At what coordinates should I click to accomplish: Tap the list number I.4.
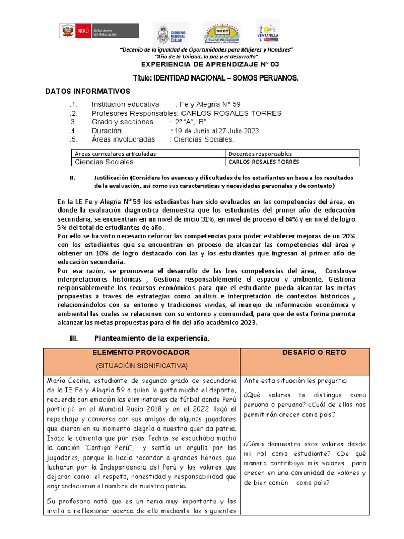72,131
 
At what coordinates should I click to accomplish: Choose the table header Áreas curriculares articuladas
114,154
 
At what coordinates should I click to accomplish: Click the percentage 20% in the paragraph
347,236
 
